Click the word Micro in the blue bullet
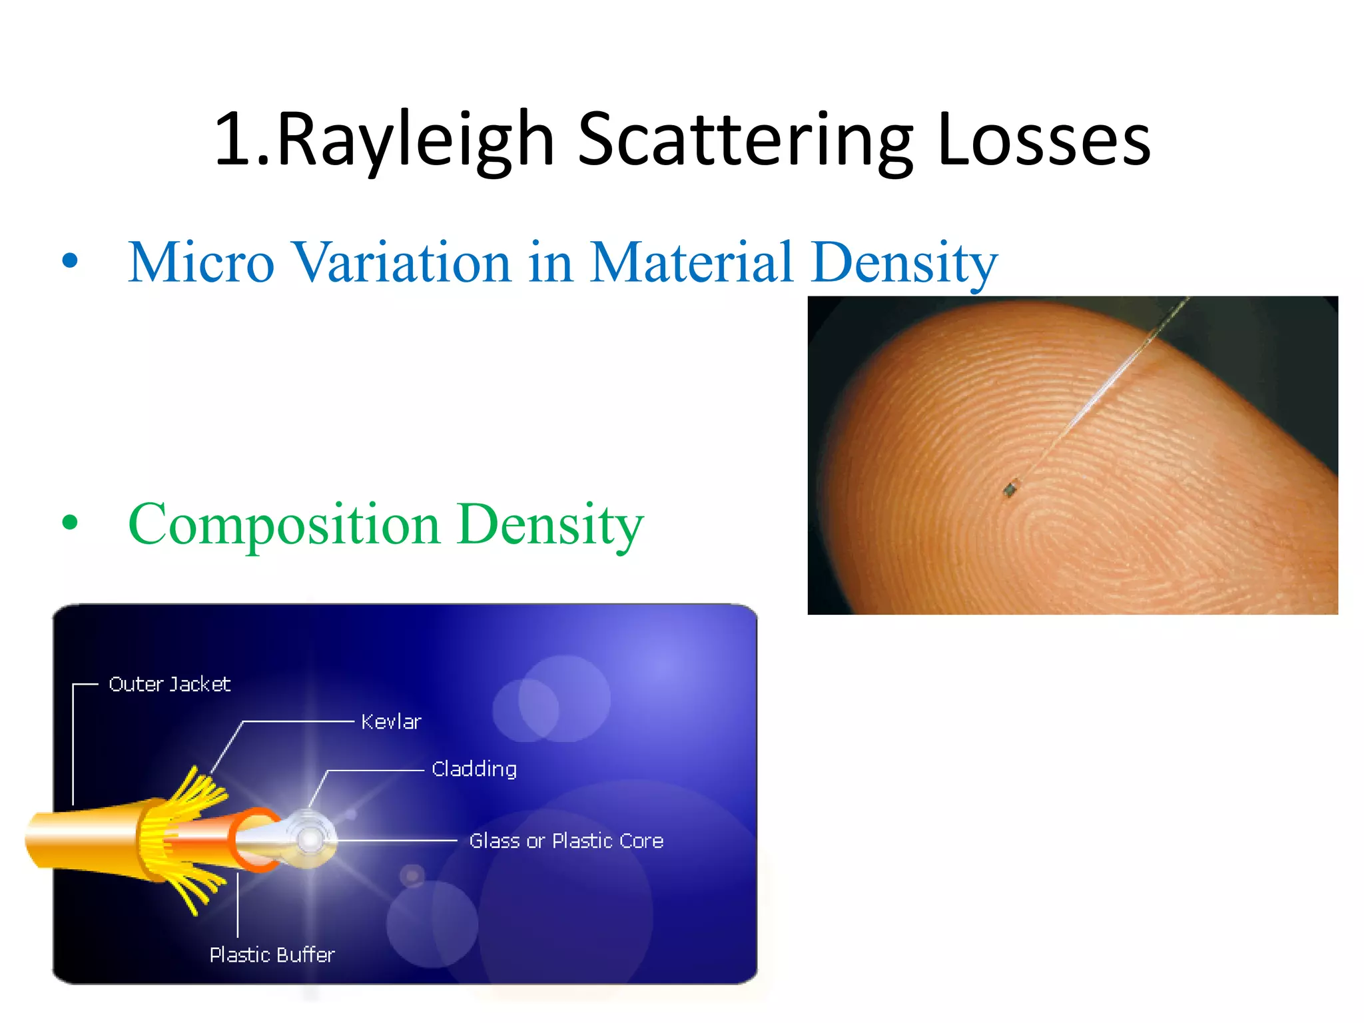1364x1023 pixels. pyautogui.click(x=201, y=262)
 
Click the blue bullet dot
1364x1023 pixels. pyautogui.click(x=70, y=260)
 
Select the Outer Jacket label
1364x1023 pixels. pyautogui.click(x=169, y=685)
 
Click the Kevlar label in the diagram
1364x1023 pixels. pyautogui.click(x=391, y=722)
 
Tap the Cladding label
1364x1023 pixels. pyautogui.click(x=474, y=769)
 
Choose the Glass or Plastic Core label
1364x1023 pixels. pyautogui.click(x=566, y=841)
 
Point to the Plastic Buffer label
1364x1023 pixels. pyautogui.click(x=272, y=955)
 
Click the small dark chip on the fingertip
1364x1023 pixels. pyautogui.click(x=1010, y=490)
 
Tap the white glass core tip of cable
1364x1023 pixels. pyautogui.click(x=310, y=839)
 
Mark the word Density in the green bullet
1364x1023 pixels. pyautogui.click(x=551, y=525)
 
